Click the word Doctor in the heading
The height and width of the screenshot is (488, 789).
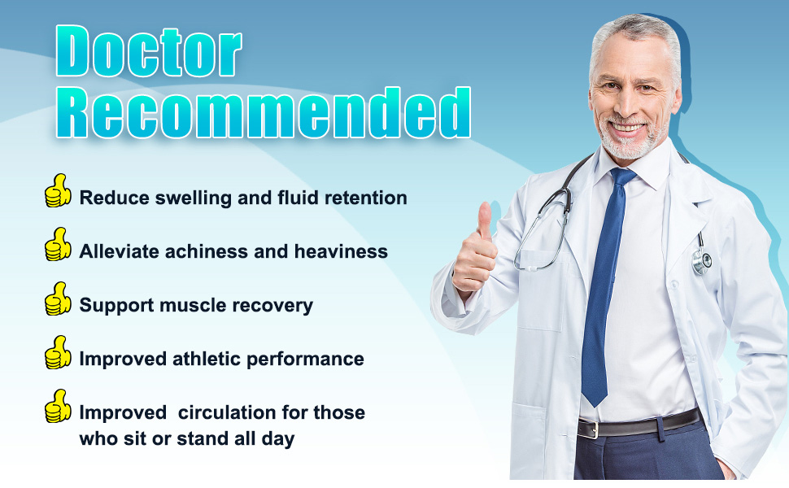click(x=149, y=50)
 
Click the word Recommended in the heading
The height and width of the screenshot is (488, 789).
click(x=264, y=111)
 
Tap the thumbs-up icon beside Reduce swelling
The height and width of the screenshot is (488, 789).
click(x=58, y=191)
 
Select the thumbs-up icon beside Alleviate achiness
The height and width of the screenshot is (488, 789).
click(x=58, y=245)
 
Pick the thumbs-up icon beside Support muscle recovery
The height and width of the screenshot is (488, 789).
click(x=58, y=298)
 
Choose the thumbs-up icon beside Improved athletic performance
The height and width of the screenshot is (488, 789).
click(x=58, y=352)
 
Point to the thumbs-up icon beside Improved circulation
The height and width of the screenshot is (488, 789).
click(x=58, y=406)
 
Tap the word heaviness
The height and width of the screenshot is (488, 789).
click(x=341, y=251)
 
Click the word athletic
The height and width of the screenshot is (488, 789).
click(x=207, y=359)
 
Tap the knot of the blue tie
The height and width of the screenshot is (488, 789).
click(x=623, y=177)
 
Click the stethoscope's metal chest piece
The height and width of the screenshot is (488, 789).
click(x=701, y=261)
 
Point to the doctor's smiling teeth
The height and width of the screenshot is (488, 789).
click(x=627, y=127)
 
